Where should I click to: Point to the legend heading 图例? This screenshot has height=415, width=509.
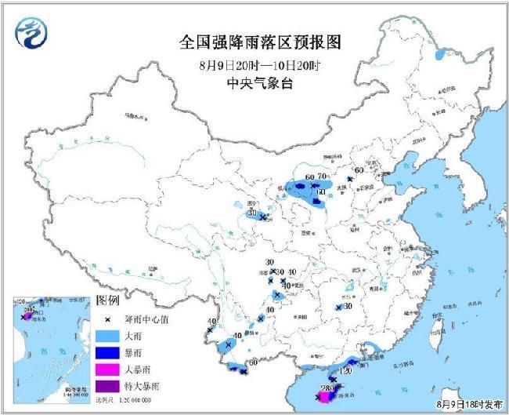(x=107, y=301)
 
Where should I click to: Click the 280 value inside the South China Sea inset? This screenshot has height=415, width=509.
(x=29, y=310)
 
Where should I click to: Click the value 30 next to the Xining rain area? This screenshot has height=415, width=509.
(x=252, y=213)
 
